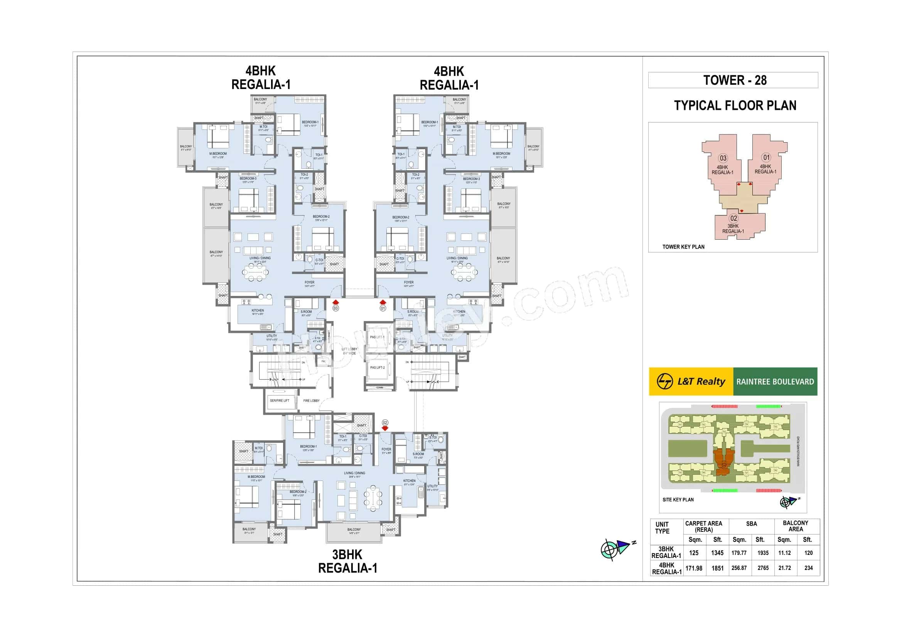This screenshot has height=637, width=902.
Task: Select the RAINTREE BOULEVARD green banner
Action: point(775,382)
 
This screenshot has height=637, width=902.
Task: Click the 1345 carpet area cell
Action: point(717,553)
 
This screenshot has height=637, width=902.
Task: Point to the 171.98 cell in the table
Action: point(694,568)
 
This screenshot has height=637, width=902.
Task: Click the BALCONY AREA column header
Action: point(795,526)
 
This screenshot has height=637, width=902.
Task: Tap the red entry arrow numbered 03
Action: point(336,302)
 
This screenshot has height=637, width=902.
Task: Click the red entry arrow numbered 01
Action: point(383,302)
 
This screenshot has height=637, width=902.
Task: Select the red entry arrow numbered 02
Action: point(385,428)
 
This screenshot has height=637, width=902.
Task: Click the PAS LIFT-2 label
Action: point(377,368)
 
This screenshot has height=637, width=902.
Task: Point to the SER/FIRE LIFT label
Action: point(279,401)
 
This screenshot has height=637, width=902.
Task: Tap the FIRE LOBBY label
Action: point(312,401)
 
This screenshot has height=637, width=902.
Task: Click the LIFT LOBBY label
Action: point(349,351)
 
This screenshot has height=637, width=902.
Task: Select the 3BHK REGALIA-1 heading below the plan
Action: point(347,561)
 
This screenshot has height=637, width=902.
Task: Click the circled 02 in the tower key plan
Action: point(733,218)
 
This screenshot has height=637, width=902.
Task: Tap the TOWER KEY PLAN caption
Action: point(683,247)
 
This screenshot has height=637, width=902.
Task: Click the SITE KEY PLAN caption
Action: point(678,500)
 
